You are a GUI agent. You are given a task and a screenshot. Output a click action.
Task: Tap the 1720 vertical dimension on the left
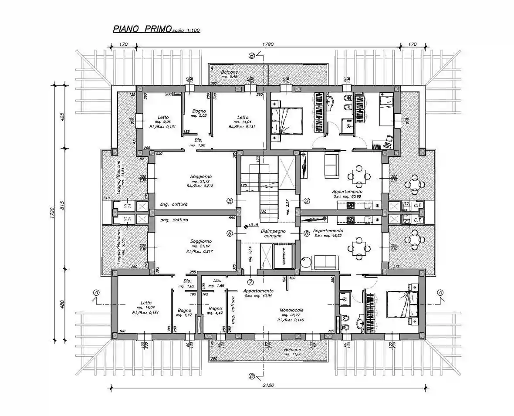tap(52, 213)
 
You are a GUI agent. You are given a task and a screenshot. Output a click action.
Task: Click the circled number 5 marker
tap(230, 201)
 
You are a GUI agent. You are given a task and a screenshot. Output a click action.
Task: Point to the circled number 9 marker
tap(307, 201)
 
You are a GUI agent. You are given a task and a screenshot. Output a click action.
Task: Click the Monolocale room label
tap(292, 310)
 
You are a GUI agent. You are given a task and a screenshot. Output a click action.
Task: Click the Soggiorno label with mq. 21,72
tap(201, 176)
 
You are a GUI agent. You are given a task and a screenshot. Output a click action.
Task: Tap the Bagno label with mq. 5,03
tap(198, 111)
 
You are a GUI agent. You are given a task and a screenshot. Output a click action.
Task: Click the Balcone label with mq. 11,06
tap(293, 350)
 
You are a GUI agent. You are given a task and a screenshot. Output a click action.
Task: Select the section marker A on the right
tap(440, 292)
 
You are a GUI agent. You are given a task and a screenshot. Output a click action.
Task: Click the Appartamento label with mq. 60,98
tap(347, 191)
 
